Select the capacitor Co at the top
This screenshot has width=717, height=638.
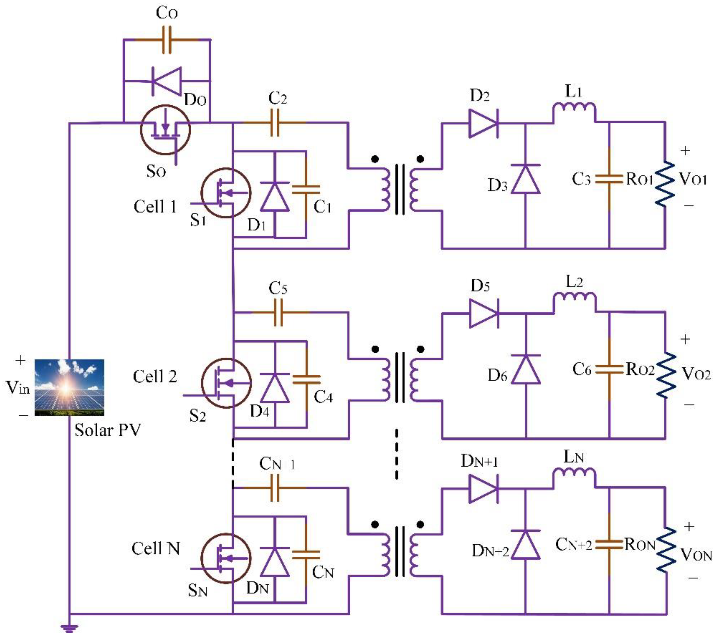pos(167,40)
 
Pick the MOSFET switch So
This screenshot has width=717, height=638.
pos(165,130)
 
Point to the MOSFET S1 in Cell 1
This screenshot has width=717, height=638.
pos(226,193)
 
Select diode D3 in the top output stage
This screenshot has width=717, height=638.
pos(525,179)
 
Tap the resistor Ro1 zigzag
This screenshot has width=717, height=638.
pos(664,184)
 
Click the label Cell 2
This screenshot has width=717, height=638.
pos(155,377)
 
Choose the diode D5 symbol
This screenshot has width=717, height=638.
pos(484,313)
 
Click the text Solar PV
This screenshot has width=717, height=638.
pos(107,430)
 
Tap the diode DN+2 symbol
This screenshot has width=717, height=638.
pos(525,544)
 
